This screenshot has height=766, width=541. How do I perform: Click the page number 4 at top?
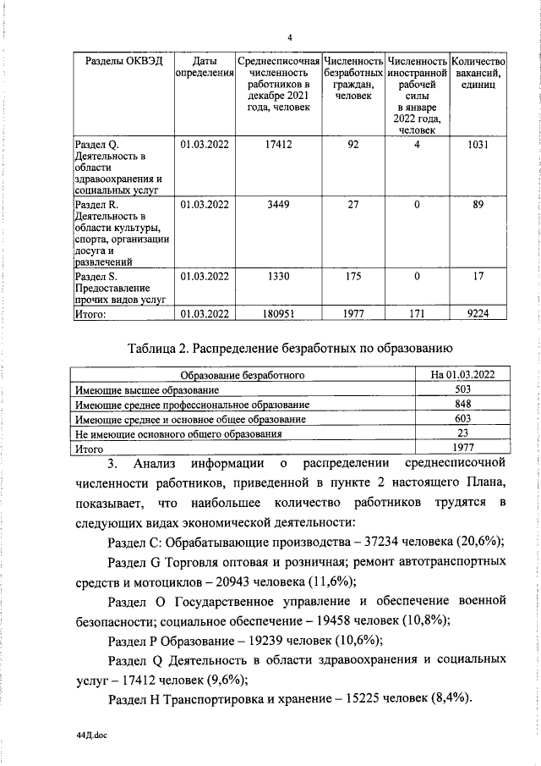289,37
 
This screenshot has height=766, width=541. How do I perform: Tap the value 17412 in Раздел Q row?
278,145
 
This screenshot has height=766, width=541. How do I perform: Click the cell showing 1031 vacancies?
478,145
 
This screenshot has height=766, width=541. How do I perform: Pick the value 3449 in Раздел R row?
278,204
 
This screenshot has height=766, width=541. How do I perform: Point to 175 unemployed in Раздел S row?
353,275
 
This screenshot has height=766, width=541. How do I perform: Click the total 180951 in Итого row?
278,315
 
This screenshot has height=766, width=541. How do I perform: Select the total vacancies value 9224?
478,315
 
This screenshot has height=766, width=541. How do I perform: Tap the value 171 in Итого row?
417,315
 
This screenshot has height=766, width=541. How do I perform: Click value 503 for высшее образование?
462,389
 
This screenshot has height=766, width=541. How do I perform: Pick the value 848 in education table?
462,405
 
